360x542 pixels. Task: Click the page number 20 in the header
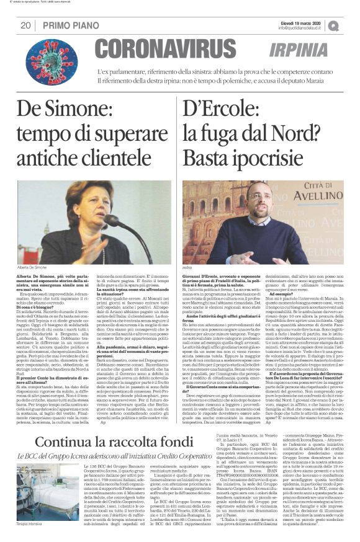pos(25,25)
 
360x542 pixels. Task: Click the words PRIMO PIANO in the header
pos(66,25)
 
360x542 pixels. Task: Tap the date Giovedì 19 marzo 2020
pos(300,22)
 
